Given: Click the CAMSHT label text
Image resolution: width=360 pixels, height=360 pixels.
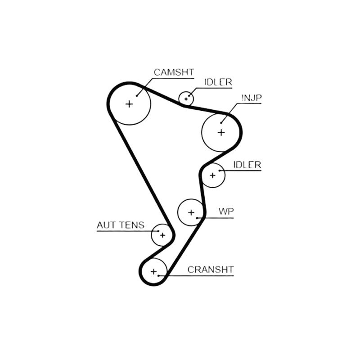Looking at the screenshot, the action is tap(174, 72).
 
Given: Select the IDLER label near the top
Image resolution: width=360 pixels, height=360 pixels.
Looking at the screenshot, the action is tap(218, 82).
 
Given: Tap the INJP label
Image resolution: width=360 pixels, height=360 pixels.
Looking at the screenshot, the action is tap(252, 98).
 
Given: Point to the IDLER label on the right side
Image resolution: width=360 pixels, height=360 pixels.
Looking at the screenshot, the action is tap(247, 165).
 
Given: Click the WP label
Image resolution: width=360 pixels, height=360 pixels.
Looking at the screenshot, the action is tap(226, 211).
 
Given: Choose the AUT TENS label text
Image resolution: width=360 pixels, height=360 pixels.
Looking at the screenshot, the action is tap(121, 225).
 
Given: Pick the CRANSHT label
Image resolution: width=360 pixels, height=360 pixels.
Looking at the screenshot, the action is tap(211, 270).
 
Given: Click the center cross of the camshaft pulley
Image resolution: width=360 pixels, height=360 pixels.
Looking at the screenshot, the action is tap(130, 104).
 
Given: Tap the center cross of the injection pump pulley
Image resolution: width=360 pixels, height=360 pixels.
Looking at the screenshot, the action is tap(221, 132).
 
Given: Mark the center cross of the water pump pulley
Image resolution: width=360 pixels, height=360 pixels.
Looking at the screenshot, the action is tap(191, 212).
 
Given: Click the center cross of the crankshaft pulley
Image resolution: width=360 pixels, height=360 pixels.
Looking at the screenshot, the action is tap(153, 272).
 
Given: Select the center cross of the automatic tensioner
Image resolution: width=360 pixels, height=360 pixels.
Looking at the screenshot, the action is tap(162, 235).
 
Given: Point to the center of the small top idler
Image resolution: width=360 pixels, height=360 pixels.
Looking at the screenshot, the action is tap(186, 99).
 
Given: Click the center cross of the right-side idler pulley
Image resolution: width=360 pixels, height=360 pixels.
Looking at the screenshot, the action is tap(212, 175).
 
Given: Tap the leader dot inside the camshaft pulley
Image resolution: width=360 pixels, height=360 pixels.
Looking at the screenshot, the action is tap(137, 96).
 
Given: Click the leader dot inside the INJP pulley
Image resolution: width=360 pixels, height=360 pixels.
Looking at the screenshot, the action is tap(221, 123).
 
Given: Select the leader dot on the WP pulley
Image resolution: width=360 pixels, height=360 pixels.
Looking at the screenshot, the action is tap(197, 218).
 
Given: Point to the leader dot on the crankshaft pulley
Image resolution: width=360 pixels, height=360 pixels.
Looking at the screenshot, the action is tap(159, 275).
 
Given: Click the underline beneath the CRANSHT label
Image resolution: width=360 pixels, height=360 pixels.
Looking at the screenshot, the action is tap(196, 275).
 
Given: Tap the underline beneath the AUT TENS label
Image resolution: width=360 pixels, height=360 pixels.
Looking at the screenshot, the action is tap(128, 231).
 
